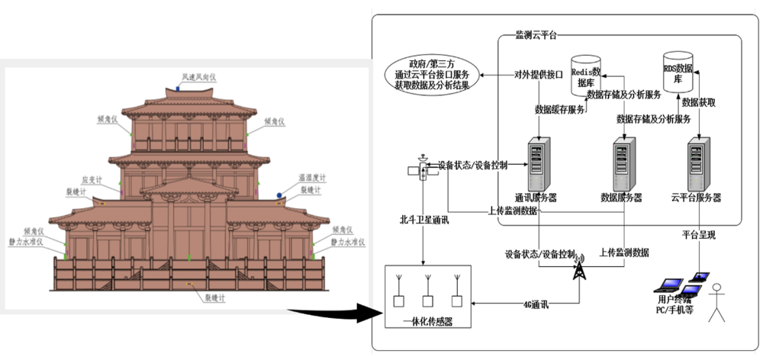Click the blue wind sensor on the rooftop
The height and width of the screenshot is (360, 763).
(179, 88)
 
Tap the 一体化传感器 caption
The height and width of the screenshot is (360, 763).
(427, 323)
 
